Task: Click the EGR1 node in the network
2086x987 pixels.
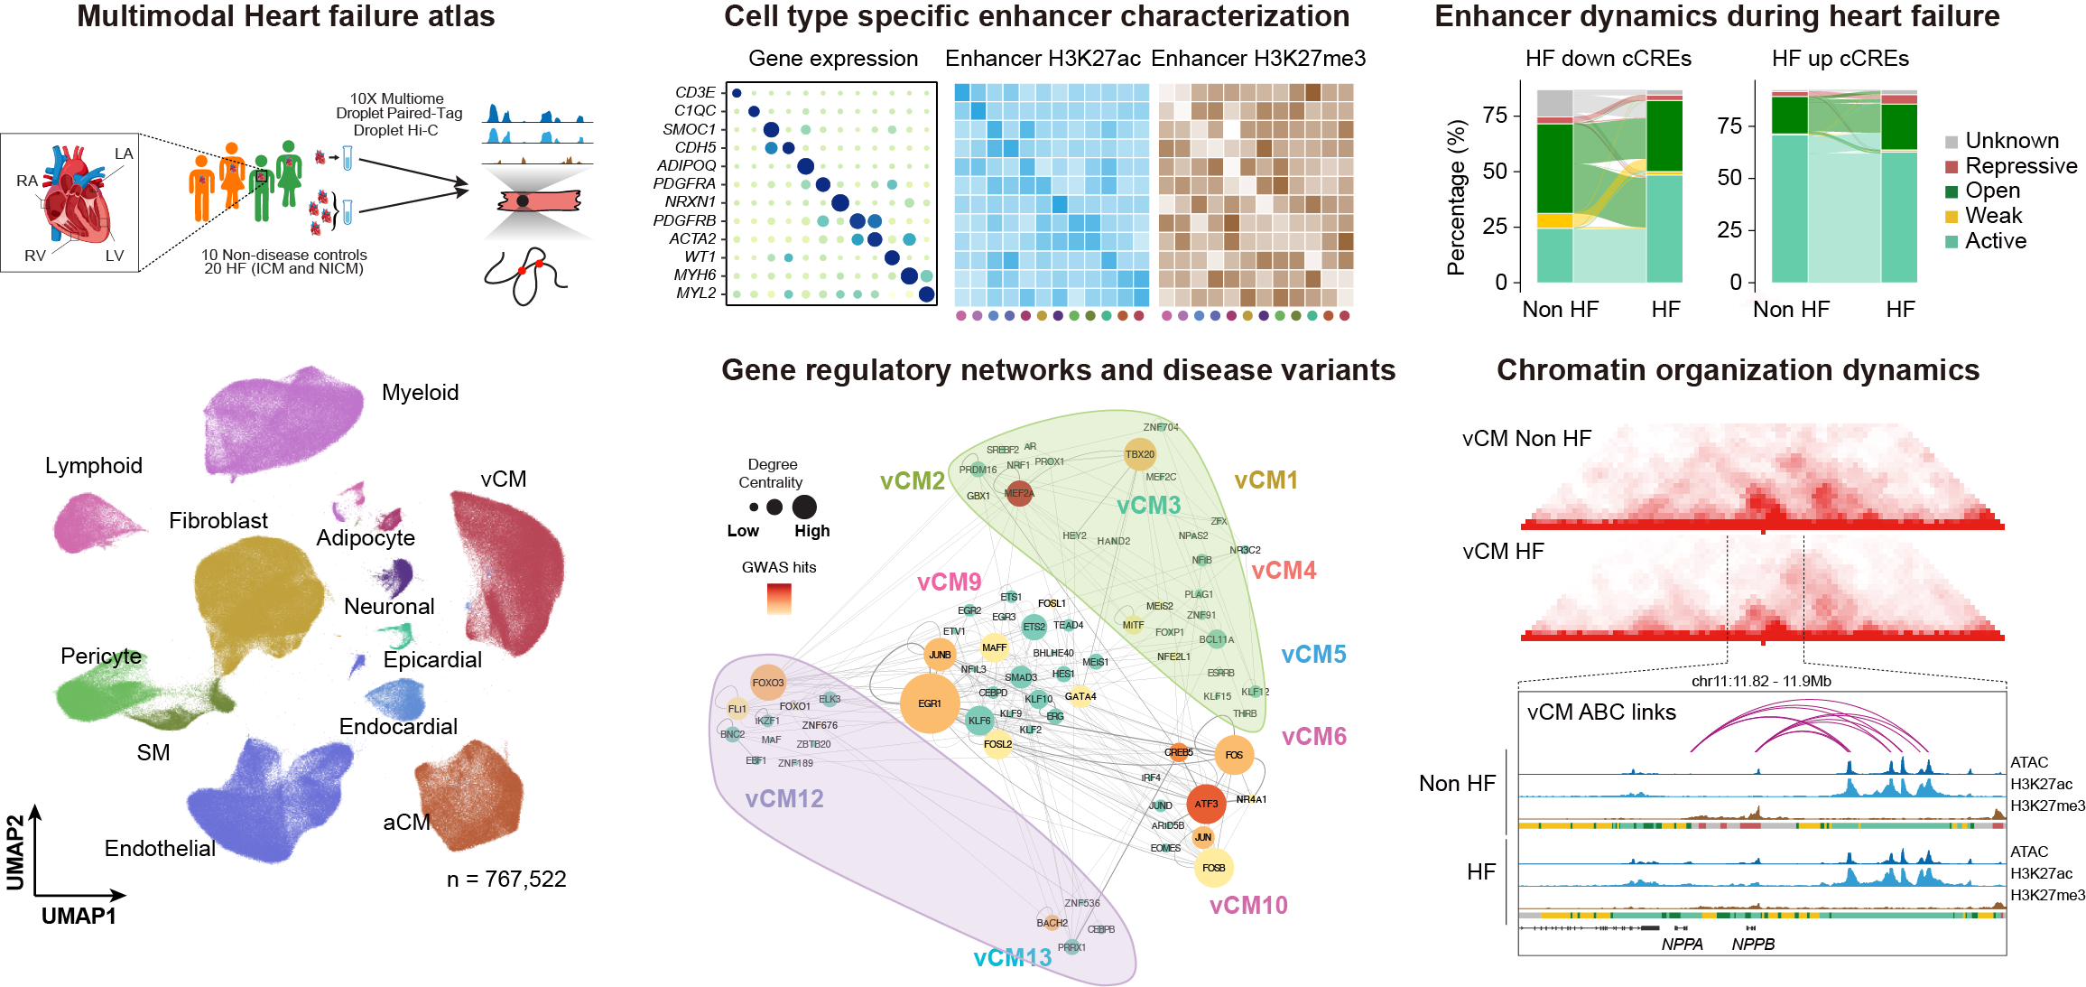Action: (930, 703)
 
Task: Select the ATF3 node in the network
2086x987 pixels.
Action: (1206, 804)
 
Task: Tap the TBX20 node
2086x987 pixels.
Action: (1139, 454)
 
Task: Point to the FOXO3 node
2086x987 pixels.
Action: (768, 683)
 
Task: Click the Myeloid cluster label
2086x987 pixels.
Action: (420, 393)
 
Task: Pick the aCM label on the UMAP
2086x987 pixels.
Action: (406, 823)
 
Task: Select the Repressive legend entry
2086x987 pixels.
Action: (2020, 166)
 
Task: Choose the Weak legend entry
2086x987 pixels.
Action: (1993, 216)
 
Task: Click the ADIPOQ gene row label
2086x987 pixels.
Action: (686, 165)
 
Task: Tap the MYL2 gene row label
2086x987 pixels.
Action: (696, 293)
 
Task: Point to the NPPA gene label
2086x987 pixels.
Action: (1682, 945)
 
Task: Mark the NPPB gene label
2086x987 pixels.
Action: (1753, 945)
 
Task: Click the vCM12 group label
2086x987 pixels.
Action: (784, 799)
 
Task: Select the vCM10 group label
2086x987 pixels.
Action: (1248, 906)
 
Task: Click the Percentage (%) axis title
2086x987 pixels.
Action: (1456, 197)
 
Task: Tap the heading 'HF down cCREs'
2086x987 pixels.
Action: (1608, 59)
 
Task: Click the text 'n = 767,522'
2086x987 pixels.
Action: (506, 880)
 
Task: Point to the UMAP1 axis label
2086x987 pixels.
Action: (79, 917)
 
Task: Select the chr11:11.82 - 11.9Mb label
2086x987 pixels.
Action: (1760, 682)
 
